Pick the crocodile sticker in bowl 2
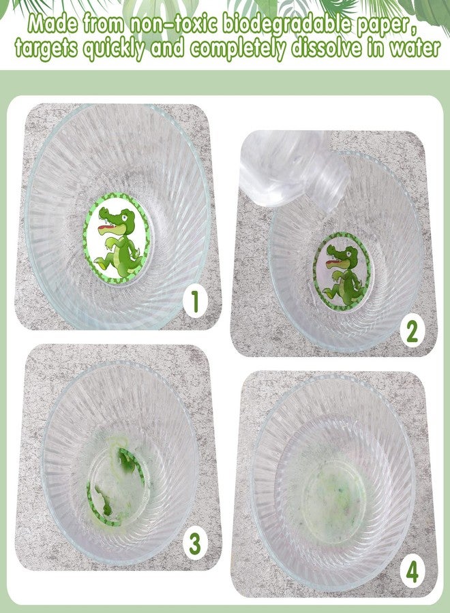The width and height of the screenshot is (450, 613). (343, 271)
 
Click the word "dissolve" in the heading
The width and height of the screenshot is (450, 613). (329, 48)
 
